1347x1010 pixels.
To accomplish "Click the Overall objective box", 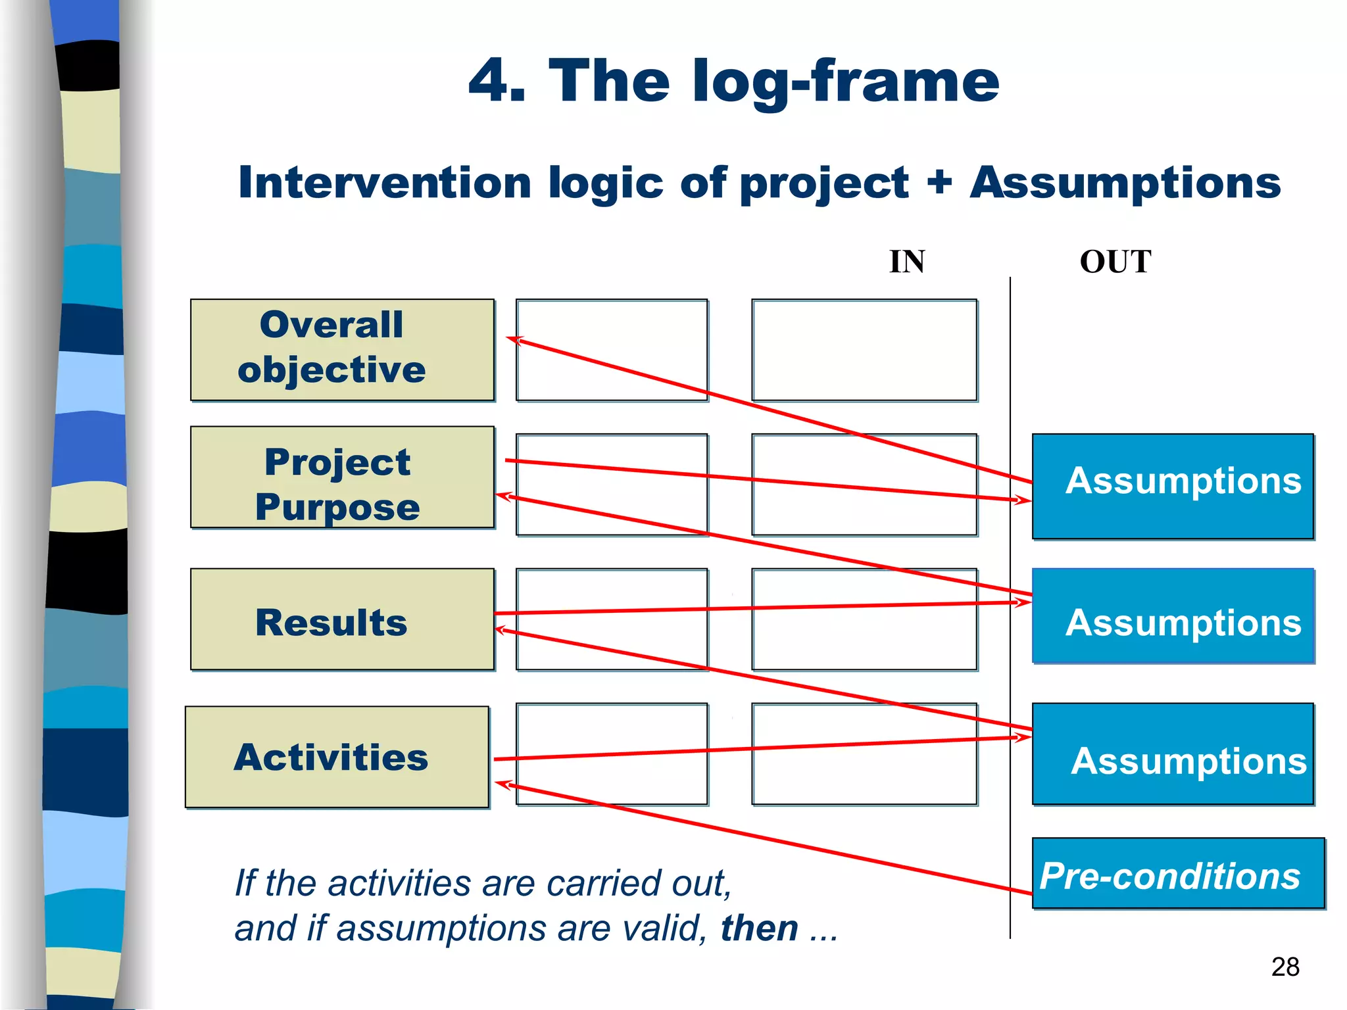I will tap(342, 350).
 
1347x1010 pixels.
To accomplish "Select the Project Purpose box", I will tap(342, 477).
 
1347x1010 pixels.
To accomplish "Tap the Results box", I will tap(342, 619).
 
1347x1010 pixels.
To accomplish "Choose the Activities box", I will tap(337, 757).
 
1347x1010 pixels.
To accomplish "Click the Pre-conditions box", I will tap(1177, 873).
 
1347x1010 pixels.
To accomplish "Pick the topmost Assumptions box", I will tap(1173, 487).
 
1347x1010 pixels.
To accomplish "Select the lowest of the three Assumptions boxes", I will tap(1173, 754).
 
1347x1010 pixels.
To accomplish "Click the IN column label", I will tap(907, 262).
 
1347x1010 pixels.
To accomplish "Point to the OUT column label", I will tap(1115, 262).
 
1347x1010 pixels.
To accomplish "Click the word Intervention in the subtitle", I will tap(385, 182).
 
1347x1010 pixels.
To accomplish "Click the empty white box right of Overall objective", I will tap(612, 350).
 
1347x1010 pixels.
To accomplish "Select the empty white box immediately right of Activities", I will tap(612, 754).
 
